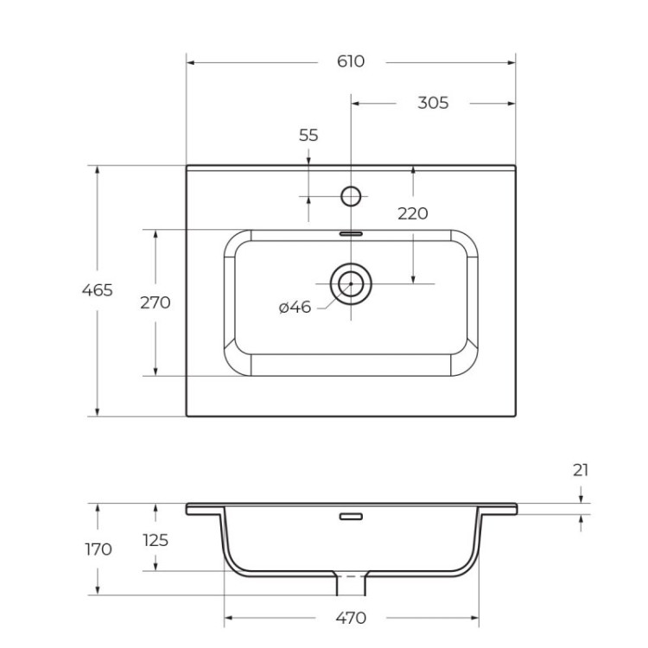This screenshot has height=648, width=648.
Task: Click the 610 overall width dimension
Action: click(x=351, y=62)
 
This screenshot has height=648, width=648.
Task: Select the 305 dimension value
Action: click(x=433, y=103)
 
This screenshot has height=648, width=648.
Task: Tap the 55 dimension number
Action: click(x=308, y=135)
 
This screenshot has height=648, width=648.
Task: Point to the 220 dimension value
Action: click(x=413, y=213)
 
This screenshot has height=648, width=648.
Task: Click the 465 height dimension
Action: click(x=97, y=290)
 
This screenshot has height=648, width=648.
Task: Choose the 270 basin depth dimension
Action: click(x=156, y=302)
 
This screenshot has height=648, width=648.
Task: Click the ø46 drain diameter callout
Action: click(x=295, y=308)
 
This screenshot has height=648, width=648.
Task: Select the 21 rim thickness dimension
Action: click(x=581, y=470)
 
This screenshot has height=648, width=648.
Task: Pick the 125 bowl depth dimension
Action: click(x=156, y=540)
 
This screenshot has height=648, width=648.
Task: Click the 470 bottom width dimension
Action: click(x=351, y=618)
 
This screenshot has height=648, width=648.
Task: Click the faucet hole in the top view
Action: click(x=351, y=196)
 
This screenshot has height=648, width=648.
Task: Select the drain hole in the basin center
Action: click(x=351, y=283)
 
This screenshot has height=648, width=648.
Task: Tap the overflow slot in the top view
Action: click(x=351, y=232)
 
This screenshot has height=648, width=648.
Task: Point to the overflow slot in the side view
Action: click(x=351, y=517)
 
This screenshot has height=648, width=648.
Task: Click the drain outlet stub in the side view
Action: click(x=351, y=585)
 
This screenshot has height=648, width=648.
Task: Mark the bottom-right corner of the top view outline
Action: click(x=515, y=416)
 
